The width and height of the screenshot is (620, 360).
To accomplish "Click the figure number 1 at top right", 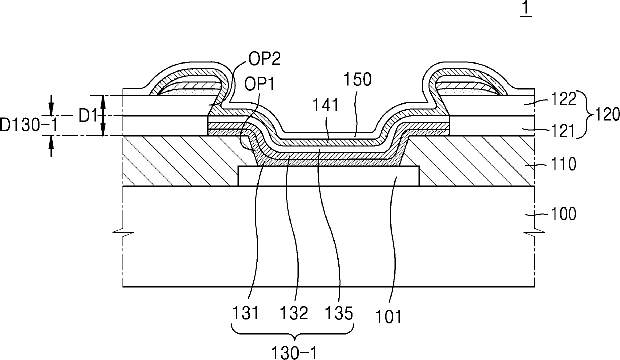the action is (526, 9).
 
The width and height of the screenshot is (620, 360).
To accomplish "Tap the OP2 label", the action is (264, 59).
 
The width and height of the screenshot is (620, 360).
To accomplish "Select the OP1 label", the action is (259, 83).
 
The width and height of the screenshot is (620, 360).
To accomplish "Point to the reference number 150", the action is (357, 79).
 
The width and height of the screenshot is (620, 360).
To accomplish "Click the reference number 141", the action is (325, 105).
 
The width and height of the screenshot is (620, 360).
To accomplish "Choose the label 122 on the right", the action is (564, 99).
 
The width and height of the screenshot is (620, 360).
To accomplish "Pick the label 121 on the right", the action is (564, 131).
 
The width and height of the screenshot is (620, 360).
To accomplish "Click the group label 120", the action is (606, 114).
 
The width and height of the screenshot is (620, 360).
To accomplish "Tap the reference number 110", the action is (564, 164).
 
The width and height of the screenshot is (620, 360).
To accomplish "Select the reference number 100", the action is (564, 214).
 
